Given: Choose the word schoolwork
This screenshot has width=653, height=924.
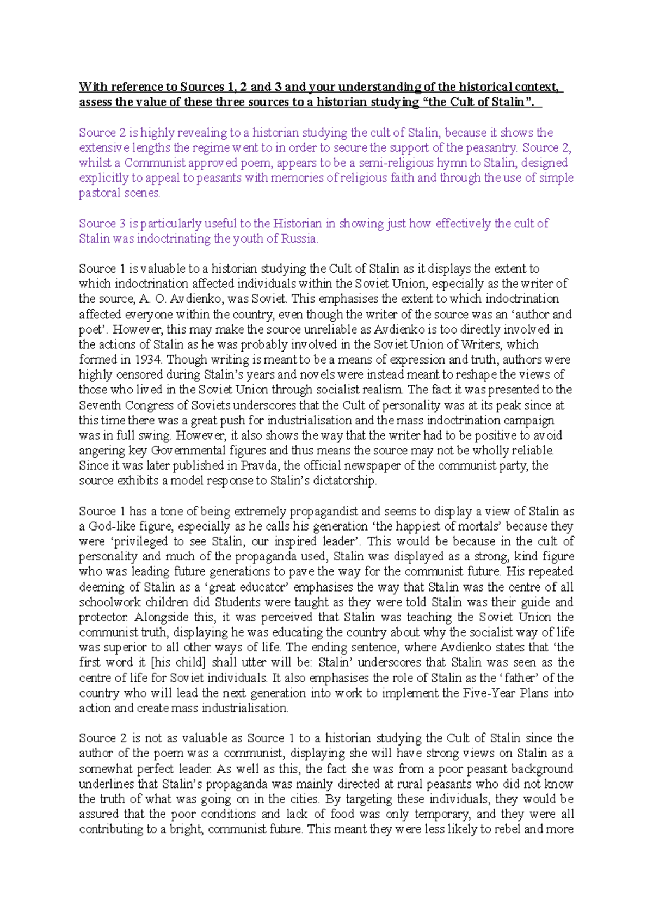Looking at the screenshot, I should [107, 602].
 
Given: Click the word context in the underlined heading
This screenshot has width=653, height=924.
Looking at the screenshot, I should [537, 87].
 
